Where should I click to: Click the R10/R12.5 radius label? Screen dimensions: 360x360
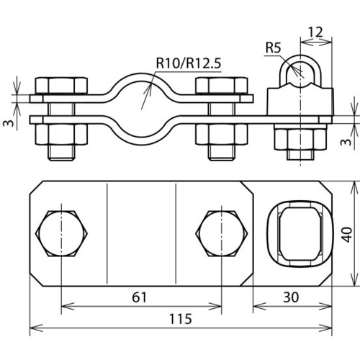pyautogui.click(x=189, y=63)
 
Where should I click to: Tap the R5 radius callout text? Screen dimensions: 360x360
pyautogui.click(x=273, y=48)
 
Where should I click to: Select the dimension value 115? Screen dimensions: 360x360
pyautogui.click(x=181, y=319)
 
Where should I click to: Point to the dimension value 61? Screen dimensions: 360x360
pyautogui.click(x=139, y=297)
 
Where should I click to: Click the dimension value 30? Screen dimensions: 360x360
pyautogui.click(x=291, y=297)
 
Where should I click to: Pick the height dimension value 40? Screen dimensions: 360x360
pyautogui.click(x=347, y=235)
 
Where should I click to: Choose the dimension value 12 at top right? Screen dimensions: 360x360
pyautogui.click(x=315, y=32)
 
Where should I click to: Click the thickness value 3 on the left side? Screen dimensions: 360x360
pyautogui.click(x=9, y=123)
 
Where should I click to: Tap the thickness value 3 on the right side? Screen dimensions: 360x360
pyautogui.click(x=346, y=142)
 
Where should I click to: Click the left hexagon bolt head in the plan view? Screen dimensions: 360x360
pyautogui.click(x=61, y=234)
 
